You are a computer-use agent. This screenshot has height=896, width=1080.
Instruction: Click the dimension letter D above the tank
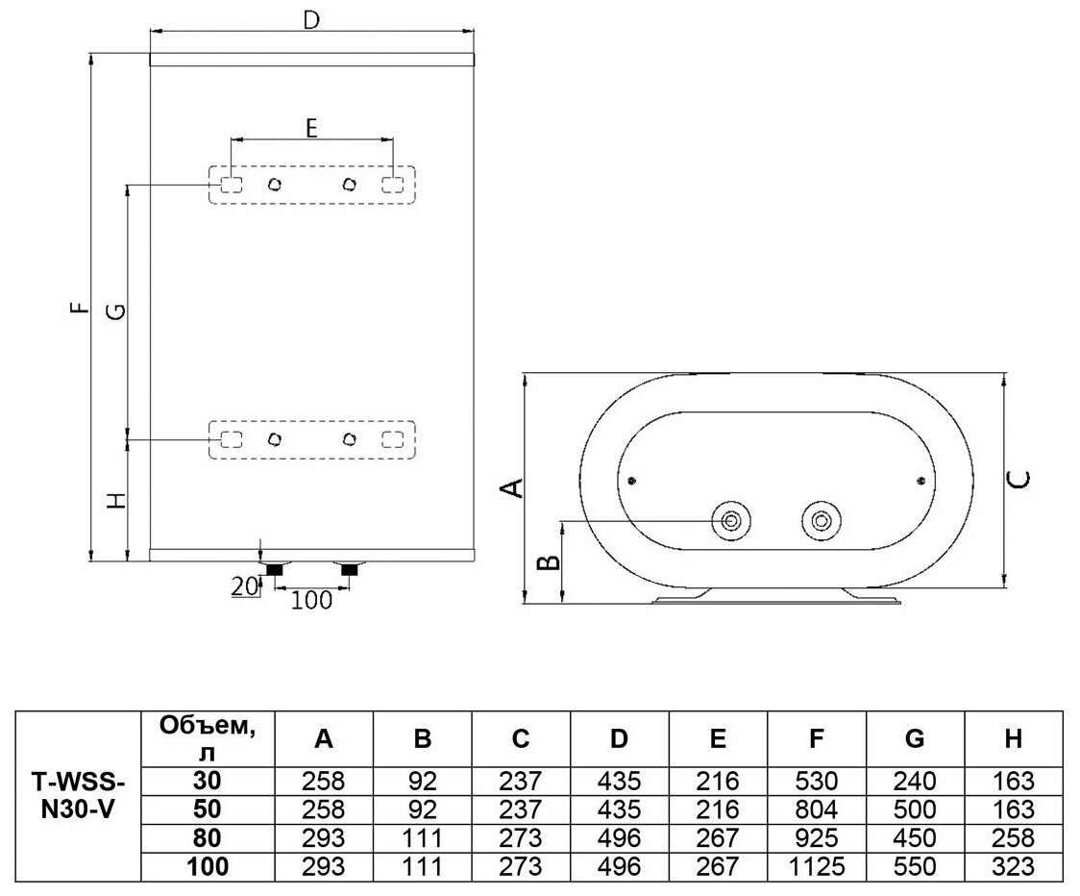tap(310, 18)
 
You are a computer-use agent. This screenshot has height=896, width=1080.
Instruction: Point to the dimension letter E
tap(311, 127)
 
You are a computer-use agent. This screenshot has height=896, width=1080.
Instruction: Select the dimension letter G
tap(114, 310)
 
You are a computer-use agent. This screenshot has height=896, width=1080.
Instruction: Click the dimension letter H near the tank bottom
tap(114, 500)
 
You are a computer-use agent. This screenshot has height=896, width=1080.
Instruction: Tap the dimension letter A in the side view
tap(515, 487)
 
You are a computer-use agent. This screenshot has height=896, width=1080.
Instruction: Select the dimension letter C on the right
tap(1022, 478)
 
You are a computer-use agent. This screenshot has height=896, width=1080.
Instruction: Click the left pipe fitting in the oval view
tap(731, 521)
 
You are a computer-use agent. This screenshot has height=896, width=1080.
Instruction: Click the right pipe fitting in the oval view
tap(821, 521)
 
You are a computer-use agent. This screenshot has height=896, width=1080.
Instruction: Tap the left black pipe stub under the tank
tap(275, 571)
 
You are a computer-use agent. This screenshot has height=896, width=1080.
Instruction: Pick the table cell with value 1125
tap(816, 866)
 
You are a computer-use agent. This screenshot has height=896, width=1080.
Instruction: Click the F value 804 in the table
tap(816, 809)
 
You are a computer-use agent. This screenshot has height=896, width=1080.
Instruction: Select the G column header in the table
tap(915, 738)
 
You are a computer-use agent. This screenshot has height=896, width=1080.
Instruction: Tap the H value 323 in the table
tap(1013, 866)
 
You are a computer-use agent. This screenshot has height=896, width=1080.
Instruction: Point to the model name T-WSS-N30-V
tap(78, 794)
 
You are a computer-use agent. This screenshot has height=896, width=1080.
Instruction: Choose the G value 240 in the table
tap(915, 781)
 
